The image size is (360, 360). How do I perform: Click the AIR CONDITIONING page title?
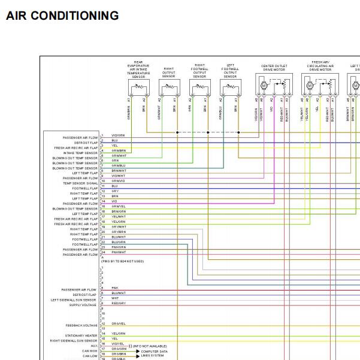tap(62, 16)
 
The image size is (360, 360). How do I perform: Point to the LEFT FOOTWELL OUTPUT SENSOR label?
tap(231, 71)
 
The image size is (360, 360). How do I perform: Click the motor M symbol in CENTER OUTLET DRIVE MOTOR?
tap(263, 86)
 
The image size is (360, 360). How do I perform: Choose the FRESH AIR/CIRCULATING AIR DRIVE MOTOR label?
tap(320, 66)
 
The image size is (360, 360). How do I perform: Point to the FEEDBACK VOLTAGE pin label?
tap(81, 325)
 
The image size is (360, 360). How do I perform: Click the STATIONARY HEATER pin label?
tap(81, 335)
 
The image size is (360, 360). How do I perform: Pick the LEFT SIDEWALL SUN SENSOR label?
tap(74, 300)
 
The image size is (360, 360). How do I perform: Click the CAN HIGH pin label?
tap(90, 350)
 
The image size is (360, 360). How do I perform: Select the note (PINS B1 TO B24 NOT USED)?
tap(123, 261)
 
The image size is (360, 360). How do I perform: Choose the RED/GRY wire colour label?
tap(119, 303)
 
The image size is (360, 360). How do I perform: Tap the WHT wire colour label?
tap(115, 298)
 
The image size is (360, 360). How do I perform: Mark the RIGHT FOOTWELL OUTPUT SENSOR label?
tap(199, 71)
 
